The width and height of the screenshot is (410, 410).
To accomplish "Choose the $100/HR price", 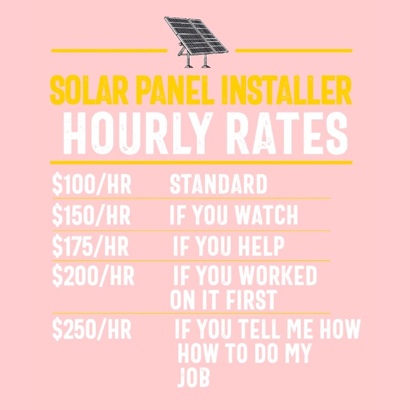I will [x=92, y=184].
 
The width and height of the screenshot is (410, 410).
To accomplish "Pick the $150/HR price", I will [x=92, y=216].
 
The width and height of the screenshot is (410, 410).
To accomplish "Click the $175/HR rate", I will [x=91, y=247].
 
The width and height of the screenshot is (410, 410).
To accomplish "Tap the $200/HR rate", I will [x=93, y=276].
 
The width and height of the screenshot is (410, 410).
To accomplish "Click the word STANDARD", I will [x=218, y=184].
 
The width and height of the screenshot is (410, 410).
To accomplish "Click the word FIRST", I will [x=251, y=300].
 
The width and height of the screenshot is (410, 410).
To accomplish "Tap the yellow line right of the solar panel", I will [x=294, y=51].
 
